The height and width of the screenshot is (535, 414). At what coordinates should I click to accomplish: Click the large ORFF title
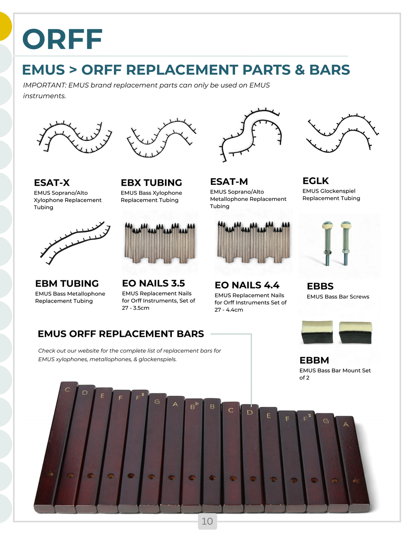pyautogui.click(x=63, y=39)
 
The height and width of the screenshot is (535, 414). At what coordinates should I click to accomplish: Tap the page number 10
pyautogui.click(x=207, y=521)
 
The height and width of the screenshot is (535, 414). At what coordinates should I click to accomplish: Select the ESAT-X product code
pyautogui.click(x=52, y=183)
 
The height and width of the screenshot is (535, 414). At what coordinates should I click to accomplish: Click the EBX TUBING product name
pyautogui.click(x=151, y=183)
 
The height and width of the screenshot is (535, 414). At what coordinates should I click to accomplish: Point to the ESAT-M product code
pyautogui.click(x=229, y=182)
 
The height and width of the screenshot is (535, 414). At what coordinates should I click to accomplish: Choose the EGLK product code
pyautogui.click(x=315, y=181)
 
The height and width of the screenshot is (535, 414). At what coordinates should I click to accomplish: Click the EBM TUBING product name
pyautogui.click(x=67, y=283)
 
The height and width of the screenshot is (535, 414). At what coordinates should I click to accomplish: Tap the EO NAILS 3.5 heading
pyautogui.click(x=153, y=283)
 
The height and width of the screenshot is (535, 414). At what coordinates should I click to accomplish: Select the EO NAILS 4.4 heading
pyautogui.click(x=247, y=285)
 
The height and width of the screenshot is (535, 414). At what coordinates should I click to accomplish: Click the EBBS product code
pyautogui.click(x=320, y=286)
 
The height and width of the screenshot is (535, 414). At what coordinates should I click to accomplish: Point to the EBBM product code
pyautogui.click(x=314, y=360)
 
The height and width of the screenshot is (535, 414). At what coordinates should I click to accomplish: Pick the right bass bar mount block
pyautogui.click(x=356, y=332)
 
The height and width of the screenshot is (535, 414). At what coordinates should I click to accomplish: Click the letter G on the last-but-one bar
pyautogui.click(x=326, y=421)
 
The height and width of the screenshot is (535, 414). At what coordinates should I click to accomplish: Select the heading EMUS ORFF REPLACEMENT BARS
pyautogui.click(x=121, y=334)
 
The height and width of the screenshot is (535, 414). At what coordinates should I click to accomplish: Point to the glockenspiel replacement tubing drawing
pyautogui.click(x=342, y=133)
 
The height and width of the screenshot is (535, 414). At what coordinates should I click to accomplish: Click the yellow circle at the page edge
pyautogui.click(x=5, y=26)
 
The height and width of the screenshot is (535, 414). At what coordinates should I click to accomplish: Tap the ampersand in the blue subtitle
pyautogui.click(x=300, y=70)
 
